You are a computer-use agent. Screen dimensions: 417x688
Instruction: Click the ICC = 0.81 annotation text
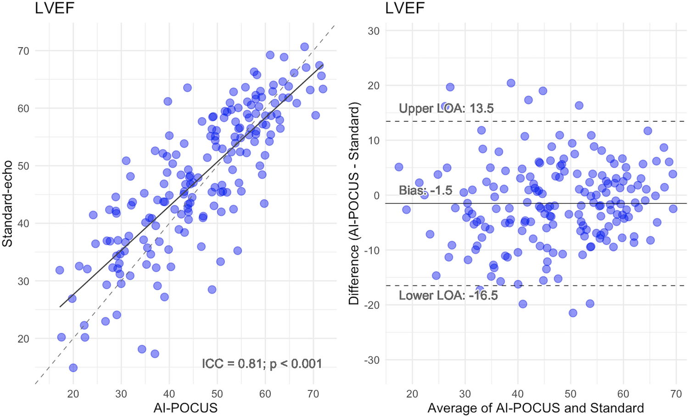pyautogui.click(x=262, y=364)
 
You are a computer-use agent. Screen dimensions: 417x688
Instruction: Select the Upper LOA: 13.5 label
pyautogui.click(x=446, y=109)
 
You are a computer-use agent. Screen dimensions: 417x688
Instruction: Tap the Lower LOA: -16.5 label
pyautogui.click(x=448, y=296)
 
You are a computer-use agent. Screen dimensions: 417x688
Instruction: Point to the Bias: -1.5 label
pyautogui.click(x=425, y=190)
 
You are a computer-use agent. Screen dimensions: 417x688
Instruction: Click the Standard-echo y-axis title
pyautogui.click(x=8, y=203)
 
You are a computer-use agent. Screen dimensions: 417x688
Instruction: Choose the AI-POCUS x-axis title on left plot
pyautogui.click(x=186, y=407)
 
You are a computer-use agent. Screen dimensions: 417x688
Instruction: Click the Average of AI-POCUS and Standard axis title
pyautogui.click(x=536, y=407)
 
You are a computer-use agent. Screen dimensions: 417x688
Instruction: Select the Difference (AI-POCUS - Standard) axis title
pyautogui.click(x=353, y=203)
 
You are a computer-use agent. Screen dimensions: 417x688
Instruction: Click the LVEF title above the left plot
pyautogui.click(x=54, y=8)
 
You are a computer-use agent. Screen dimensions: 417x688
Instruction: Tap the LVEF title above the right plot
pyautogui.click(x=405, y=8)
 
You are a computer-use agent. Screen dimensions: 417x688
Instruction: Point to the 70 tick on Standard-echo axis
pyautogui.click(x=23, y=51)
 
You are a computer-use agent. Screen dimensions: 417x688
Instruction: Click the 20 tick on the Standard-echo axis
pyautogui.click(x=23, y=339)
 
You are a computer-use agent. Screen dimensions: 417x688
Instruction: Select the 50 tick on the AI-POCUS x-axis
pyautogui.click(x=217, y=394)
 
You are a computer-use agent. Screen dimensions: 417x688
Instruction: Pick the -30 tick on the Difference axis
pyautogui.click(x=372, y=360)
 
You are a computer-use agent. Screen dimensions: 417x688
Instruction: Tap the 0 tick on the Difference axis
pyautogui.click(x=376, y=196)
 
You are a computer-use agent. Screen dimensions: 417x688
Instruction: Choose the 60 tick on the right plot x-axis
pyautogui.click(x=623, y=394)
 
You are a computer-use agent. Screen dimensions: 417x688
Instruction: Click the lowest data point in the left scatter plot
pyautogui.click(x=73, y=368)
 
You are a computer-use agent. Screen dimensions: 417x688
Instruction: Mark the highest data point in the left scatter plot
pyautogui.click(x=304, y=47)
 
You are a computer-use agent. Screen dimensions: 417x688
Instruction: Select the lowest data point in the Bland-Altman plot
pyautogui.click(x=572, y=313)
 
